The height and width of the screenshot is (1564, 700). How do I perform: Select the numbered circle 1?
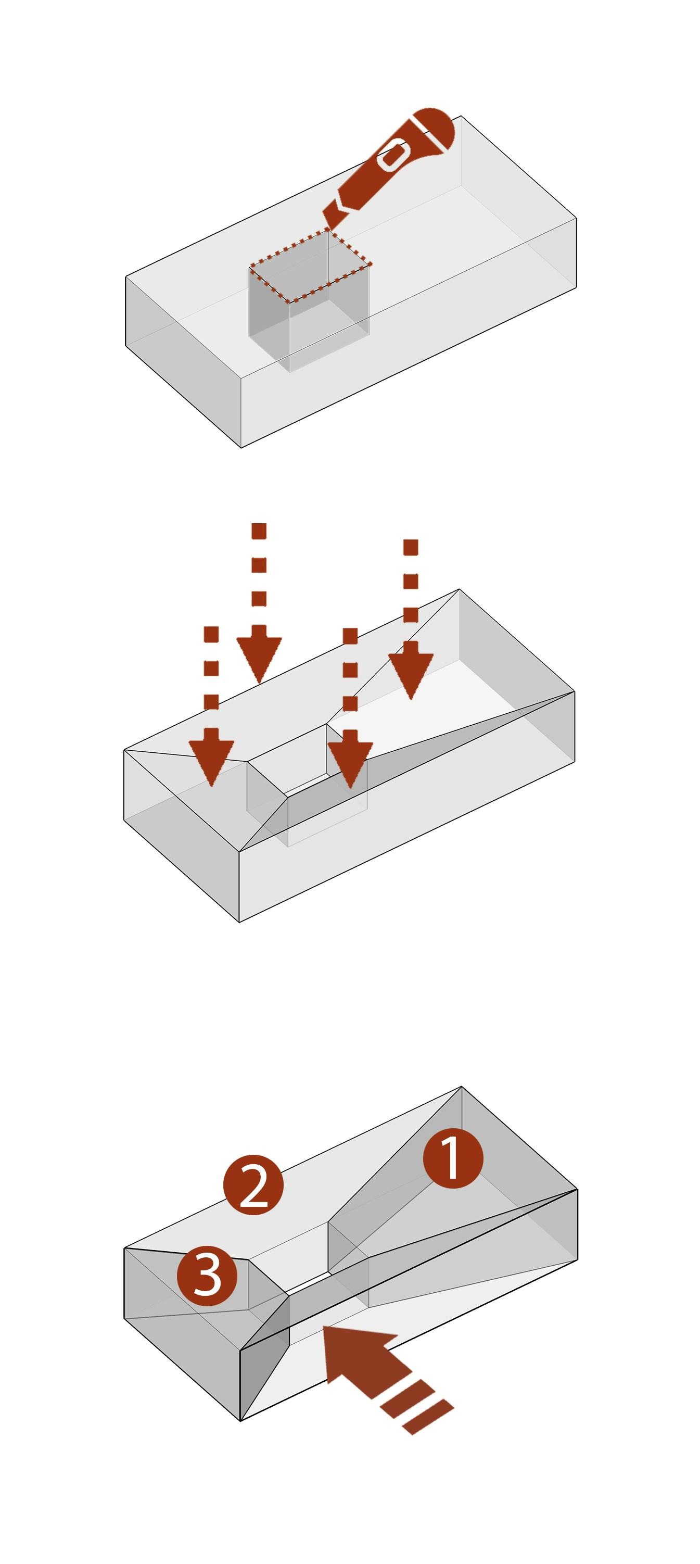pyautogui.click(x=453, y=1158)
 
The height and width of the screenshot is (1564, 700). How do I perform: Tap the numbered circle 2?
pyautogui.click(x=253, y=1184)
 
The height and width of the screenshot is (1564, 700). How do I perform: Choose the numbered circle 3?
pyautogui.click(x=207, y=1277)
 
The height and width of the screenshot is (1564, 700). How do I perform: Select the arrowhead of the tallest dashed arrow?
pyautogui.click(x=259, y=658)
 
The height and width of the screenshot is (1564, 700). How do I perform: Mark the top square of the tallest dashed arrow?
pyautogui.click(x=259, y=531)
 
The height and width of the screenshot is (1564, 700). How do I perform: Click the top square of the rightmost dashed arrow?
pyautogui.click(x=411, y=547)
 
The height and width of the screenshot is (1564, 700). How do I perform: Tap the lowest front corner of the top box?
pyautogui.click(x=241, y=447)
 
